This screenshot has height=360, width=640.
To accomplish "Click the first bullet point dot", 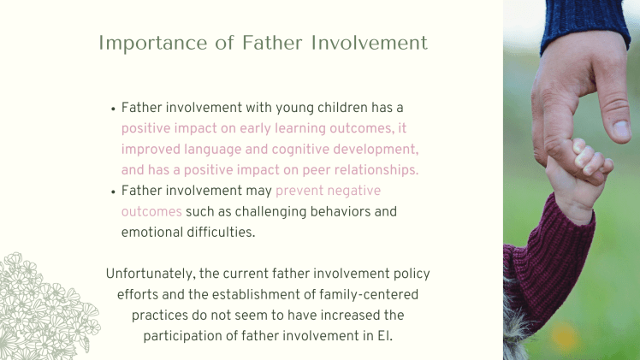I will [113, 109].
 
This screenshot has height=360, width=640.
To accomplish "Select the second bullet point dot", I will [113, 192].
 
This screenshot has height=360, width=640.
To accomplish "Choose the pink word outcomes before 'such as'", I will [151, 211].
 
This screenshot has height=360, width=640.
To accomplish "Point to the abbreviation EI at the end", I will [384, 335].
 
